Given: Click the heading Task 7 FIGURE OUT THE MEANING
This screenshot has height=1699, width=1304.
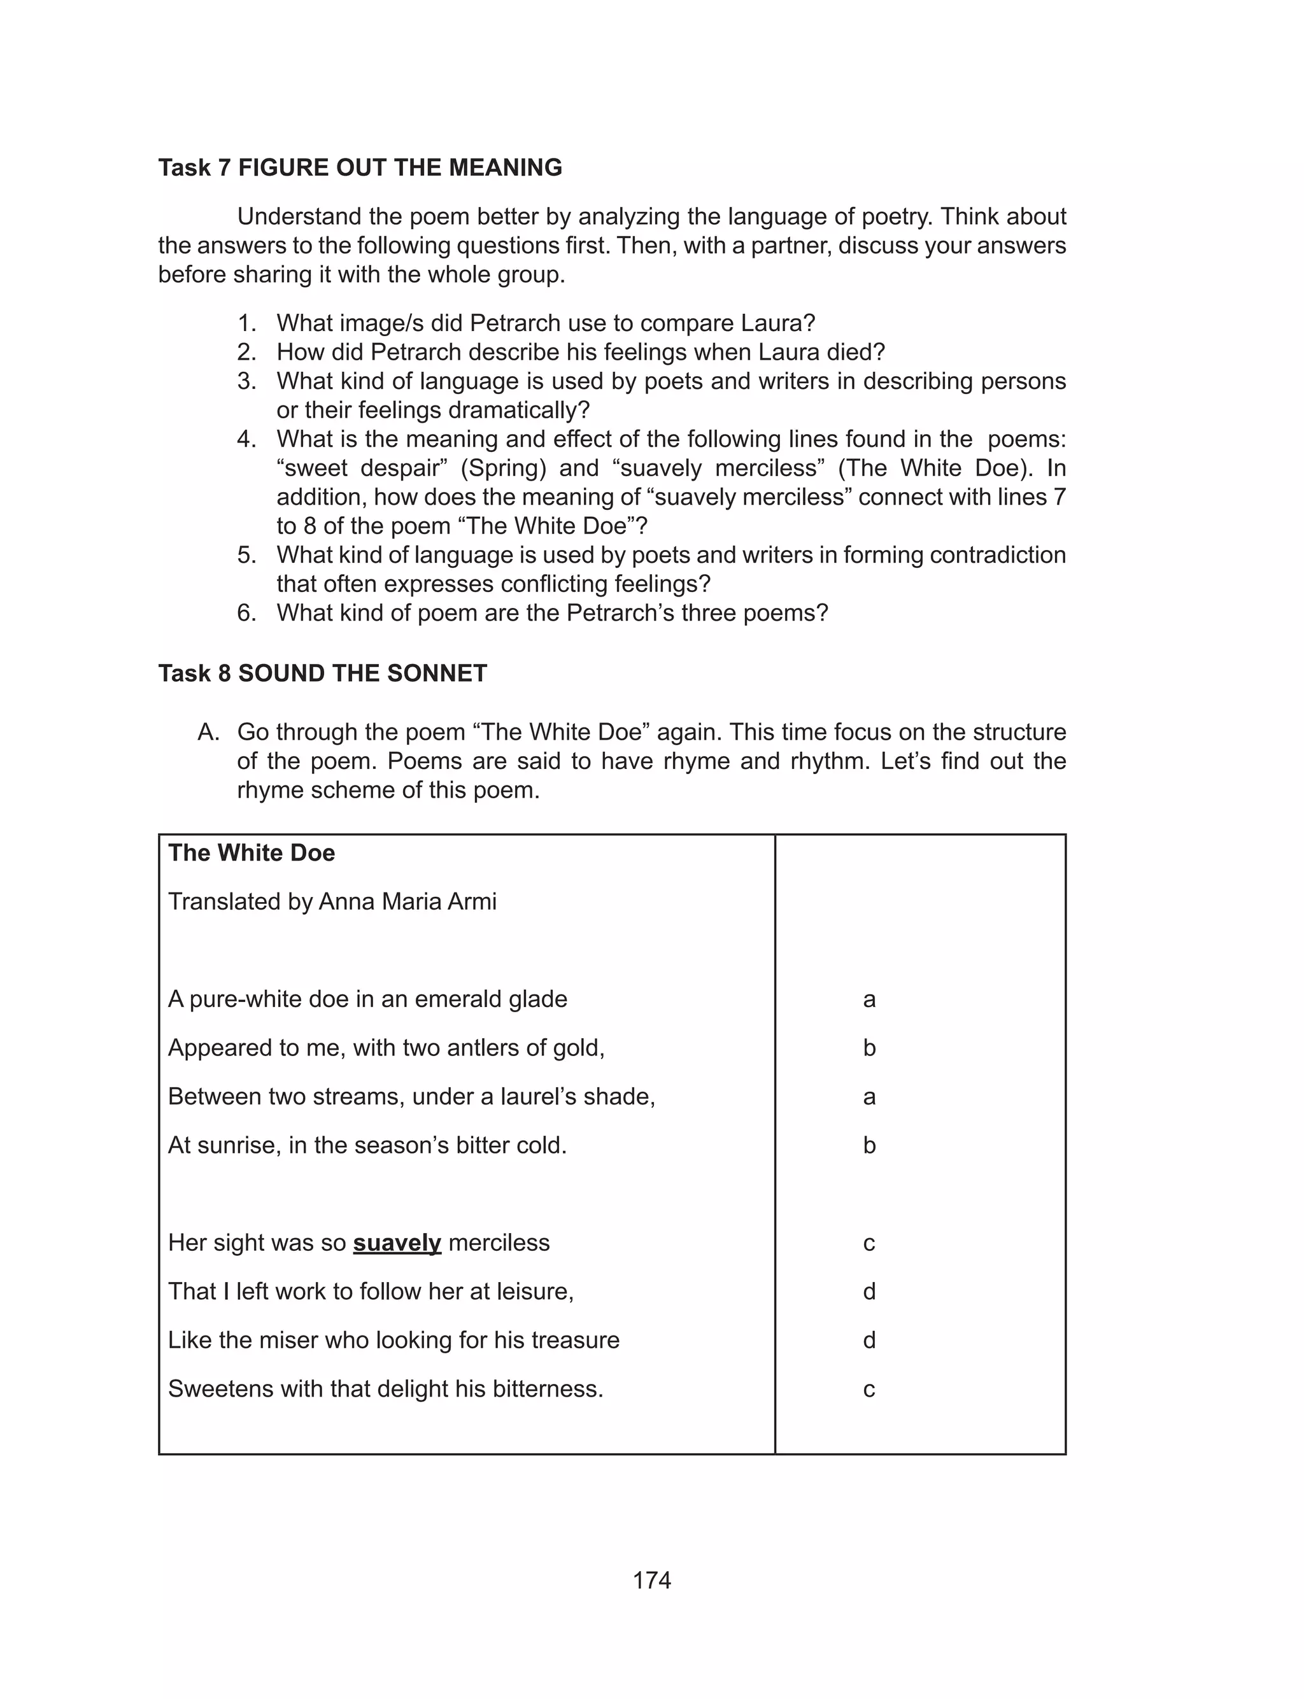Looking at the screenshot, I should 360,167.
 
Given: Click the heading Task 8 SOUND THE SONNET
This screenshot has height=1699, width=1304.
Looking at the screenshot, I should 322,673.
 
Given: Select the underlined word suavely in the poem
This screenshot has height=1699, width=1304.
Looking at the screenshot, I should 397,1242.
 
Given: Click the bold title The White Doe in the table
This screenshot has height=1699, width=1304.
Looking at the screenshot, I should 252,852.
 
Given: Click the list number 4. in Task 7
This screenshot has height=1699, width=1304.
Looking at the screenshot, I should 247,439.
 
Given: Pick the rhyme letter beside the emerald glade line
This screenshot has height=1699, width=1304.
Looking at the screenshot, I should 868,999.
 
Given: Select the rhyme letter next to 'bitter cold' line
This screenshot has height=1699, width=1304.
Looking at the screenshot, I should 868,1145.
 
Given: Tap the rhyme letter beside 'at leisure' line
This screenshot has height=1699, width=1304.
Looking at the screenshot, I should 868,1291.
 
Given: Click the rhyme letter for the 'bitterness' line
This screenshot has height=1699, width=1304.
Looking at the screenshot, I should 868,1389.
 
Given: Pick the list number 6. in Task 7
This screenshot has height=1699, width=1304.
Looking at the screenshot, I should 247,613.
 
